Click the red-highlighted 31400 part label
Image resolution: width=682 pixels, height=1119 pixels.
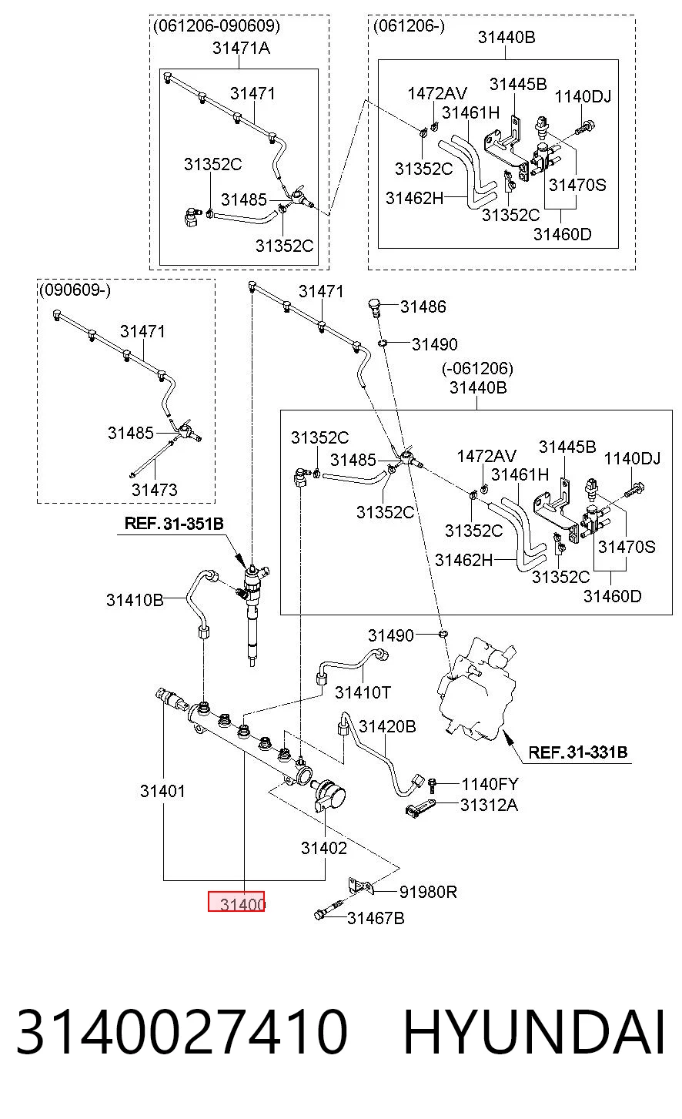click(x=236, y=901)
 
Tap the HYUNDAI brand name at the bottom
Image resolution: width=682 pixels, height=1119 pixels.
click(x=533, y=1031)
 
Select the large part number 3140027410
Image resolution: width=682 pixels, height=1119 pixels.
click(x=182, y=1031)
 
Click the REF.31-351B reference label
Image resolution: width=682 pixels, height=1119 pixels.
click(x=174, y=524)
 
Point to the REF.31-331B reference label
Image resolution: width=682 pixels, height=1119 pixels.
click(x=577, y=752)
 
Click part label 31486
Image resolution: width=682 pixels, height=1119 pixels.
click(x=423, y=307)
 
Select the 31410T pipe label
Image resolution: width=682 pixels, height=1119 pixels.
click(x=363, y=692)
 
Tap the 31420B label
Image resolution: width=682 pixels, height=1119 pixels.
click(x=387, y=726)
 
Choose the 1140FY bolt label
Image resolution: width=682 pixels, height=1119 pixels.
click(x=490, y=784)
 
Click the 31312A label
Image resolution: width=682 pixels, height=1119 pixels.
click(x=489, y=805)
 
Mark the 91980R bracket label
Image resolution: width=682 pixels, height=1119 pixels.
click(x=428, y=892)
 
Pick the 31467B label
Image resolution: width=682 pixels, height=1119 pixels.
click(x=376, y=918)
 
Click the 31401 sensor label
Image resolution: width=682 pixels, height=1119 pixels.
click(x=162, y=791)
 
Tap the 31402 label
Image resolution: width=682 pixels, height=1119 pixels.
click(x=323, y=848)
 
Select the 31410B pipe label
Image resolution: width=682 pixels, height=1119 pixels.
click(x=135, y=599)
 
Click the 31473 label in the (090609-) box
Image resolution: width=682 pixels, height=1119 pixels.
click(x=154, y=490)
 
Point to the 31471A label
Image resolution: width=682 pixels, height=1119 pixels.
click(x=241, y=48)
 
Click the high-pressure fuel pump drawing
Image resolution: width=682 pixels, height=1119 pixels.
click(x=474, y=688)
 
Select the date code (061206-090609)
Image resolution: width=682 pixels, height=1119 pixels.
click(x=216, y=25)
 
